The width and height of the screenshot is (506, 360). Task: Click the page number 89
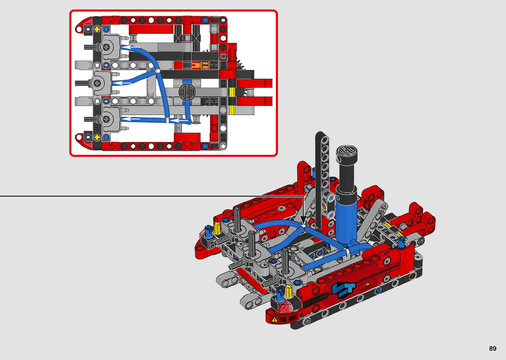(493, 348)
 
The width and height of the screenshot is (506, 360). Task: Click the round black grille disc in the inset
(187, 92)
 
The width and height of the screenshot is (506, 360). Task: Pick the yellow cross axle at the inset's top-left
(97, 29)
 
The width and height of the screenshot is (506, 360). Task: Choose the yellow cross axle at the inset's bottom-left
(97, 137)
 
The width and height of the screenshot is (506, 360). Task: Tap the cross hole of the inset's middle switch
(97, 83)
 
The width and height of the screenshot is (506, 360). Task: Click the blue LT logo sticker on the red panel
(343, 289)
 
